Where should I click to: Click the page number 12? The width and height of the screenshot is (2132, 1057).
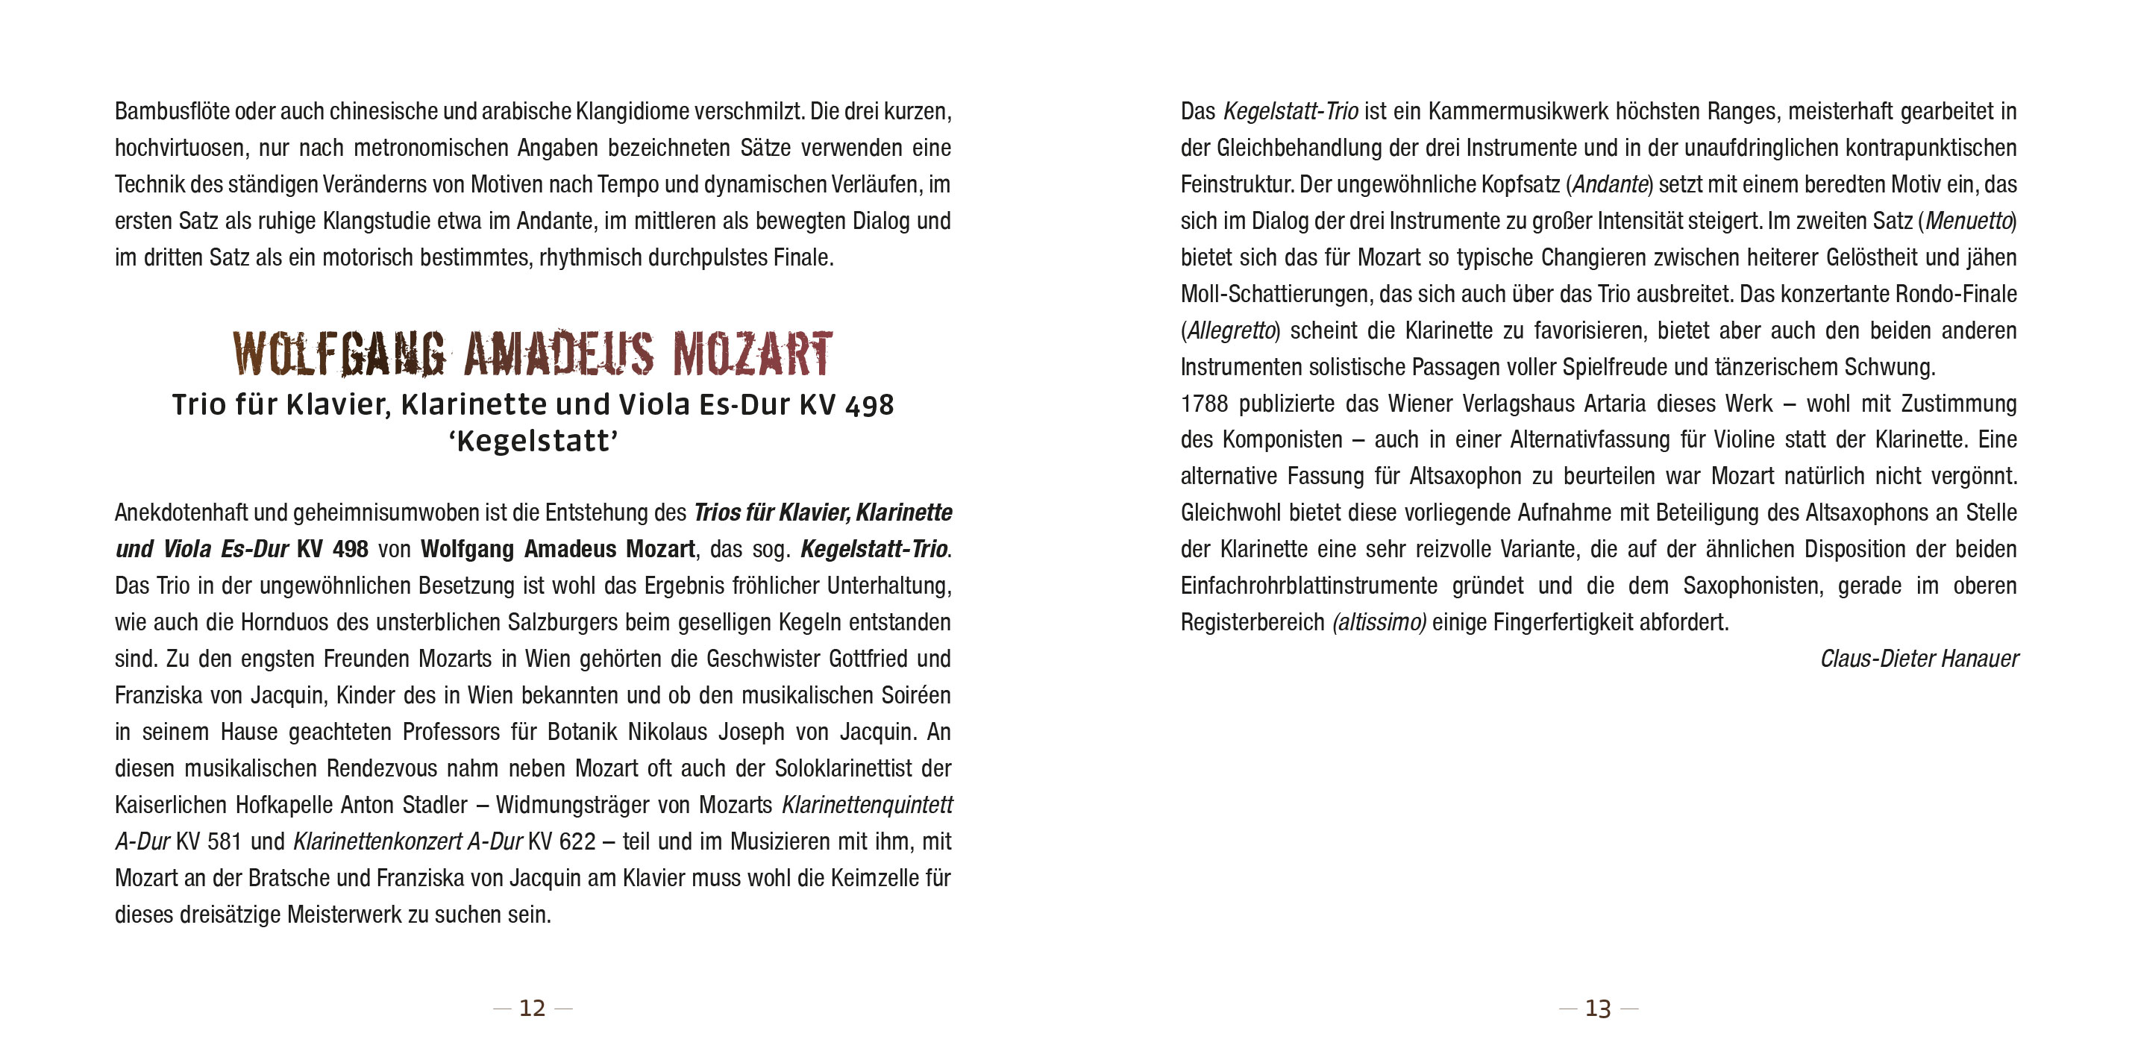coord(532,1009)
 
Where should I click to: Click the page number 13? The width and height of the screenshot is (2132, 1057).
coord(1597,1009)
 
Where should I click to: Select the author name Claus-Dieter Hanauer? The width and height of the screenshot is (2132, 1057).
coord(1919,659)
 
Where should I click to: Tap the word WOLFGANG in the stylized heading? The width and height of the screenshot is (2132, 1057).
coord(339,354)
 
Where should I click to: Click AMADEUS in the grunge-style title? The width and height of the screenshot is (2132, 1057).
coord(559,354)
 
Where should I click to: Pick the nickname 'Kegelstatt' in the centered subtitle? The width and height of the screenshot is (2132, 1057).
coord(534,441)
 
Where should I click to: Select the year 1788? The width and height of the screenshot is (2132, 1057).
coord(1204,404)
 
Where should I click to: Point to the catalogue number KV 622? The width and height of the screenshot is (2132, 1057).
coord(562,841)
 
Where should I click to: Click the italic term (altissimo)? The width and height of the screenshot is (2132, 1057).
coord(1379,622)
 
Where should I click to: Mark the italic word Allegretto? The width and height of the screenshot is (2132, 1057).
coord(1231,331)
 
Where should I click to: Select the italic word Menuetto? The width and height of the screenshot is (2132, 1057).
coord(1968,222)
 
